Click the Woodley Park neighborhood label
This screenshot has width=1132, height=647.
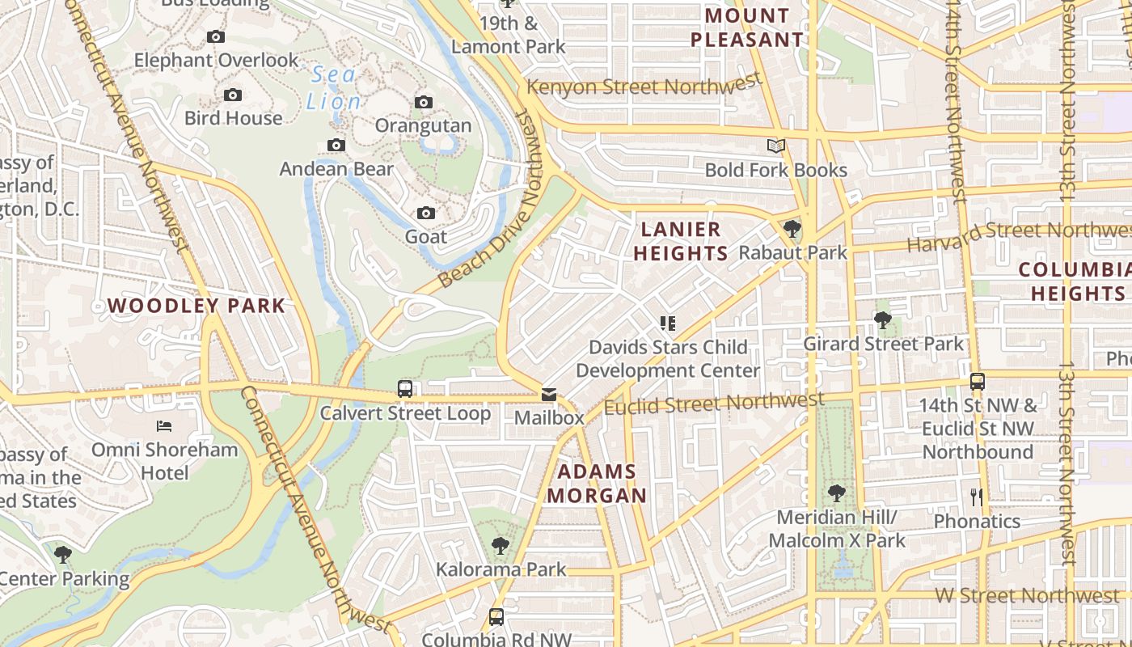[196, 306]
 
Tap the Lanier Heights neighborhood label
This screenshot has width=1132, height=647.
[680, 241]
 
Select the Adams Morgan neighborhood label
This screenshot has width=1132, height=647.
[598, 483]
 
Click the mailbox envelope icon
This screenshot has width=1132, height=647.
[549, 395]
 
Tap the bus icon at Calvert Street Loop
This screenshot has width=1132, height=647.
[405, 389]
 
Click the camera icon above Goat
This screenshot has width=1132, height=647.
[426, 214]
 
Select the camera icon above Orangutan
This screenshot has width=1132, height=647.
[424, 102]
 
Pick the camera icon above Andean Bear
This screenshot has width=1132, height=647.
[336, 146]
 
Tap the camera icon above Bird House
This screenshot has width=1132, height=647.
[233, 95]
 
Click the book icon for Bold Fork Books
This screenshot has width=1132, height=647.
[776, 146]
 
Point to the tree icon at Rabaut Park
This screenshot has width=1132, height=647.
[792, 230]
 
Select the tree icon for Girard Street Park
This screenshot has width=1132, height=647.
[883, 321]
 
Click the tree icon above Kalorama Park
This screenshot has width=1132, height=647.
[501, 546]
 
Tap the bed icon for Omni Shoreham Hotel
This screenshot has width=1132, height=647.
[164, 425]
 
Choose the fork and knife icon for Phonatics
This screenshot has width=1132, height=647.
[977, 497]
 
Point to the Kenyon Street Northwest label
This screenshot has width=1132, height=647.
[644, 85]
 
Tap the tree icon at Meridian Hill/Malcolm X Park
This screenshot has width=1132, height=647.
[837, 493]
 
